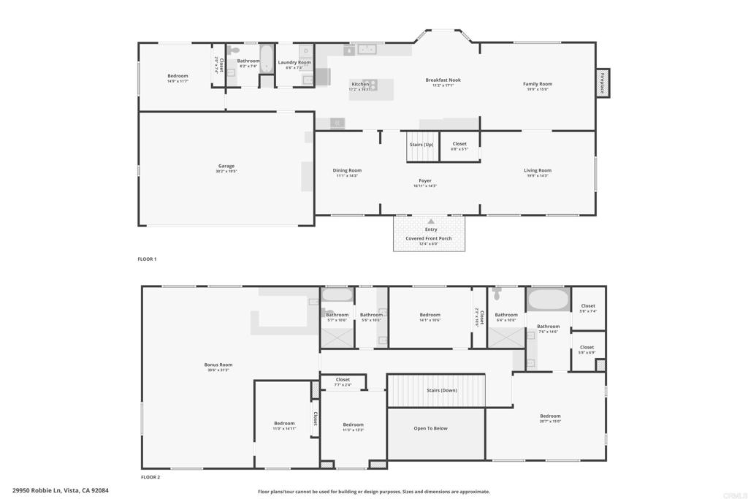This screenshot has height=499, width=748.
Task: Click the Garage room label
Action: [x=226, y=167]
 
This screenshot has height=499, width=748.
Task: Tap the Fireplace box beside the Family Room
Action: [x=603, y=83]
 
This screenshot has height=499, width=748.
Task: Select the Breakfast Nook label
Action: [x=443, y=80]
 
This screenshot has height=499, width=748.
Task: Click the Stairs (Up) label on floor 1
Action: [x=421, y=145]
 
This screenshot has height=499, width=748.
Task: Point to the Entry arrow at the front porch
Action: [x=431, y=221]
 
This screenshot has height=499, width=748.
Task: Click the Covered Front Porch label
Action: [x=429, y=239]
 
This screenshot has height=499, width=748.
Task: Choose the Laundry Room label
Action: [x=294, y=63]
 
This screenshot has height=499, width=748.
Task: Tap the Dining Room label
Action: [x=347, y=171]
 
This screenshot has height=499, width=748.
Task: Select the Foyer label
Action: [x=424, y=181]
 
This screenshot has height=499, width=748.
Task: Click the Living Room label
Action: [x=537, y=171]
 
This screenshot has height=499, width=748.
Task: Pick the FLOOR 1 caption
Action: [x=147, y=259]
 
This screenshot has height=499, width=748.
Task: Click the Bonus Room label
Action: [x=218, y=365]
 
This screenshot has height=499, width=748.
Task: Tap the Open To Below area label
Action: [x=430, y=429]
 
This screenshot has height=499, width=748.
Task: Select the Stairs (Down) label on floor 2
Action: [x=441, y=391]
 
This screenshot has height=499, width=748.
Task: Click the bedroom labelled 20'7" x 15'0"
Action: [x=550, y=416]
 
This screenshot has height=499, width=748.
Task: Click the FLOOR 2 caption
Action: [x=150, y=477]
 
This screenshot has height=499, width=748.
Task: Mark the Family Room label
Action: [x=537, y=84]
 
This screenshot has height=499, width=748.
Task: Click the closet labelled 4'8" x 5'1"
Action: [x=459, y=145]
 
